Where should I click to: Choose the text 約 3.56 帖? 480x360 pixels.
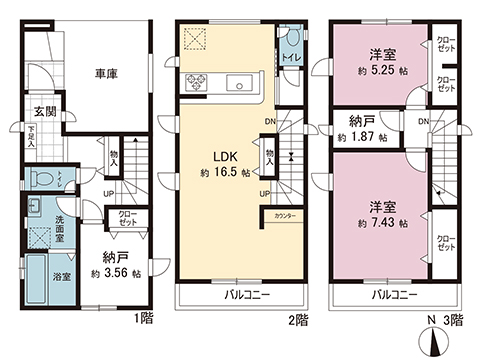click(x=118, y=272)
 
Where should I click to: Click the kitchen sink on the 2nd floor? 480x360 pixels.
click(x=239, y=81)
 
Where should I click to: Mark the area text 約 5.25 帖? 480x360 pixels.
click(x=380, y=71)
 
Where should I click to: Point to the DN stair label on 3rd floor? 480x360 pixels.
click(x=424, y=121)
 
